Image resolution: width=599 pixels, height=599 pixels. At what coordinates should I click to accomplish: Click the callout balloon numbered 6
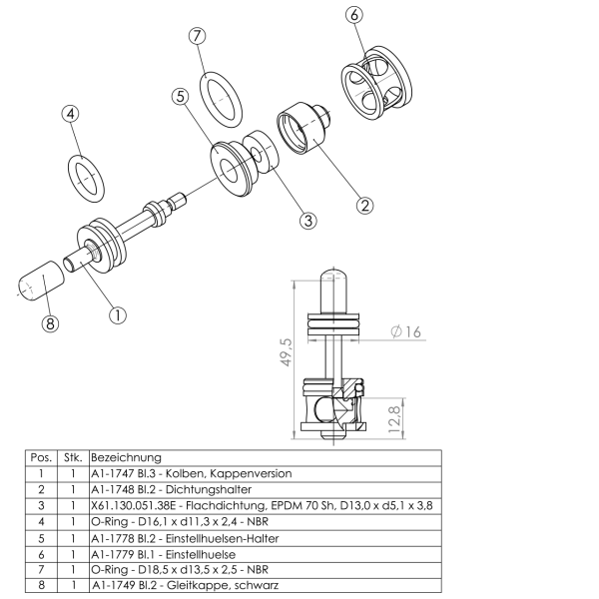[354, 15]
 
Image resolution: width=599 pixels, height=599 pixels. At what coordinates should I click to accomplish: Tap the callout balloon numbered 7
[197, 36]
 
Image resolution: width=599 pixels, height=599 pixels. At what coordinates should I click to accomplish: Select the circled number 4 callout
[70, 114]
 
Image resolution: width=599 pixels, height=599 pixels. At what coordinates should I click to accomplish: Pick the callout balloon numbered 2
[364, 206]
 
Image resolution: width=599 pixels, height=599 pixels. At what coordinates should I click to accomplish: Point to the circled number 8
[50, 323]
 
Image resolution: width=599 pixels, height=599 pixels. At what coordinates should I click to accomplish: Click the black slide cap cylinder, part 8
[42, 281]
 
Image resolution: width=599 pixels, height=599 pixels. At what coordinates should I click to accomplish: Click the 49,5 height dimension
[287, 352]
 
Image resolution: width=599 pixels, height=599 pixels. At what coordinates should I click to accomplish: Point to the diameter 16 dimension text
[406, 331]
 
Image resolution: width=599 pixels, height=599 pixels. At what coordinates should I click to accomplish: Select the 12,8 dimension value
[394, 419]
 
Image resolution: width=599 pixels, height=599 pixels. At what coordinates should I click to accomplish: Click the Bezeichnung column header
[127, 457]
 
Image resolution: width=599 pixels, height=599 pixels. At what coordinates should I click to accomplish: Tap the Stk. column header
[73, 457]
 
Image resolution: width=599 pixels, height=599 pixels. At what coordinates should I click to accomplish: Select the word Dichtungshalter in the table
[209, 490]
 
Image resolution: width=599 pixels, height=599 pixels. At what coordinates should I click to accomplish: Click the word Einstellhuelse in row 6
[201, 554]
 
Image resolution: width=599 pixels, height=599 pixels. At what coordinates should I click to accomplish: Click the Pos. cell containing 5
[41, 539]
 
